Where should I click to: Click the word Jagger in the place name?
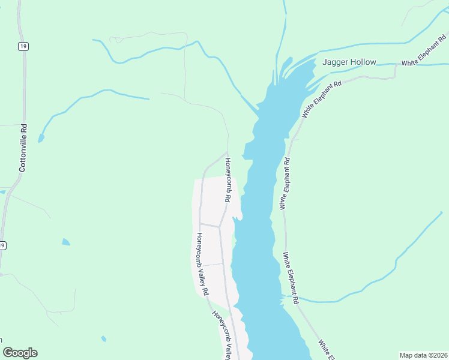pyautogui.click(x=336, y=62)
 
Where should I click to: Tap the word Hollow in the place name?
pyautogui.click(x=364, y=62)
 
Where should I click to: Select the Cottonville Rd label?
pyautogui.click(x=23, y=148)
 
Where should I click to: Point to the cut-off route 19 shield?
pyautogui.click(x=2, y=245)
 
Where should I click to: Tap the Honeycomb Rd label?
pyautogui.click(x=228, y=179)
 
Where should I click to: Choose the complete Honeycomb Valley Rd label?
pyautogui.click(x=202, y=264)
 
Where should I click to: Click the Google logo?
pyautogui.click(x=20, y=353)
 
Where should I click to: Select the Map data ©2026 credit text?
pyautogui.click(x=423, y=355)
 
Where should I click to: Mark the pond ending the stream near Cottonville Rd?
pyautogui.click(x=41, y=139)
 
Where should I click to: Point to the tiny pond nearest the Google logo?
pyautogui.click(x=104, y=338)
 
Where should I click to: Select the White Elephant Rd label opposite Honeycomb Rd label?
pyautogui.click(x=285, y=184)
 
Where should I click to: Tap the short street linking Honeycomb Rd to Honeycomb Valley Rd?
pyautogui.click(x=209, y=225)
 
